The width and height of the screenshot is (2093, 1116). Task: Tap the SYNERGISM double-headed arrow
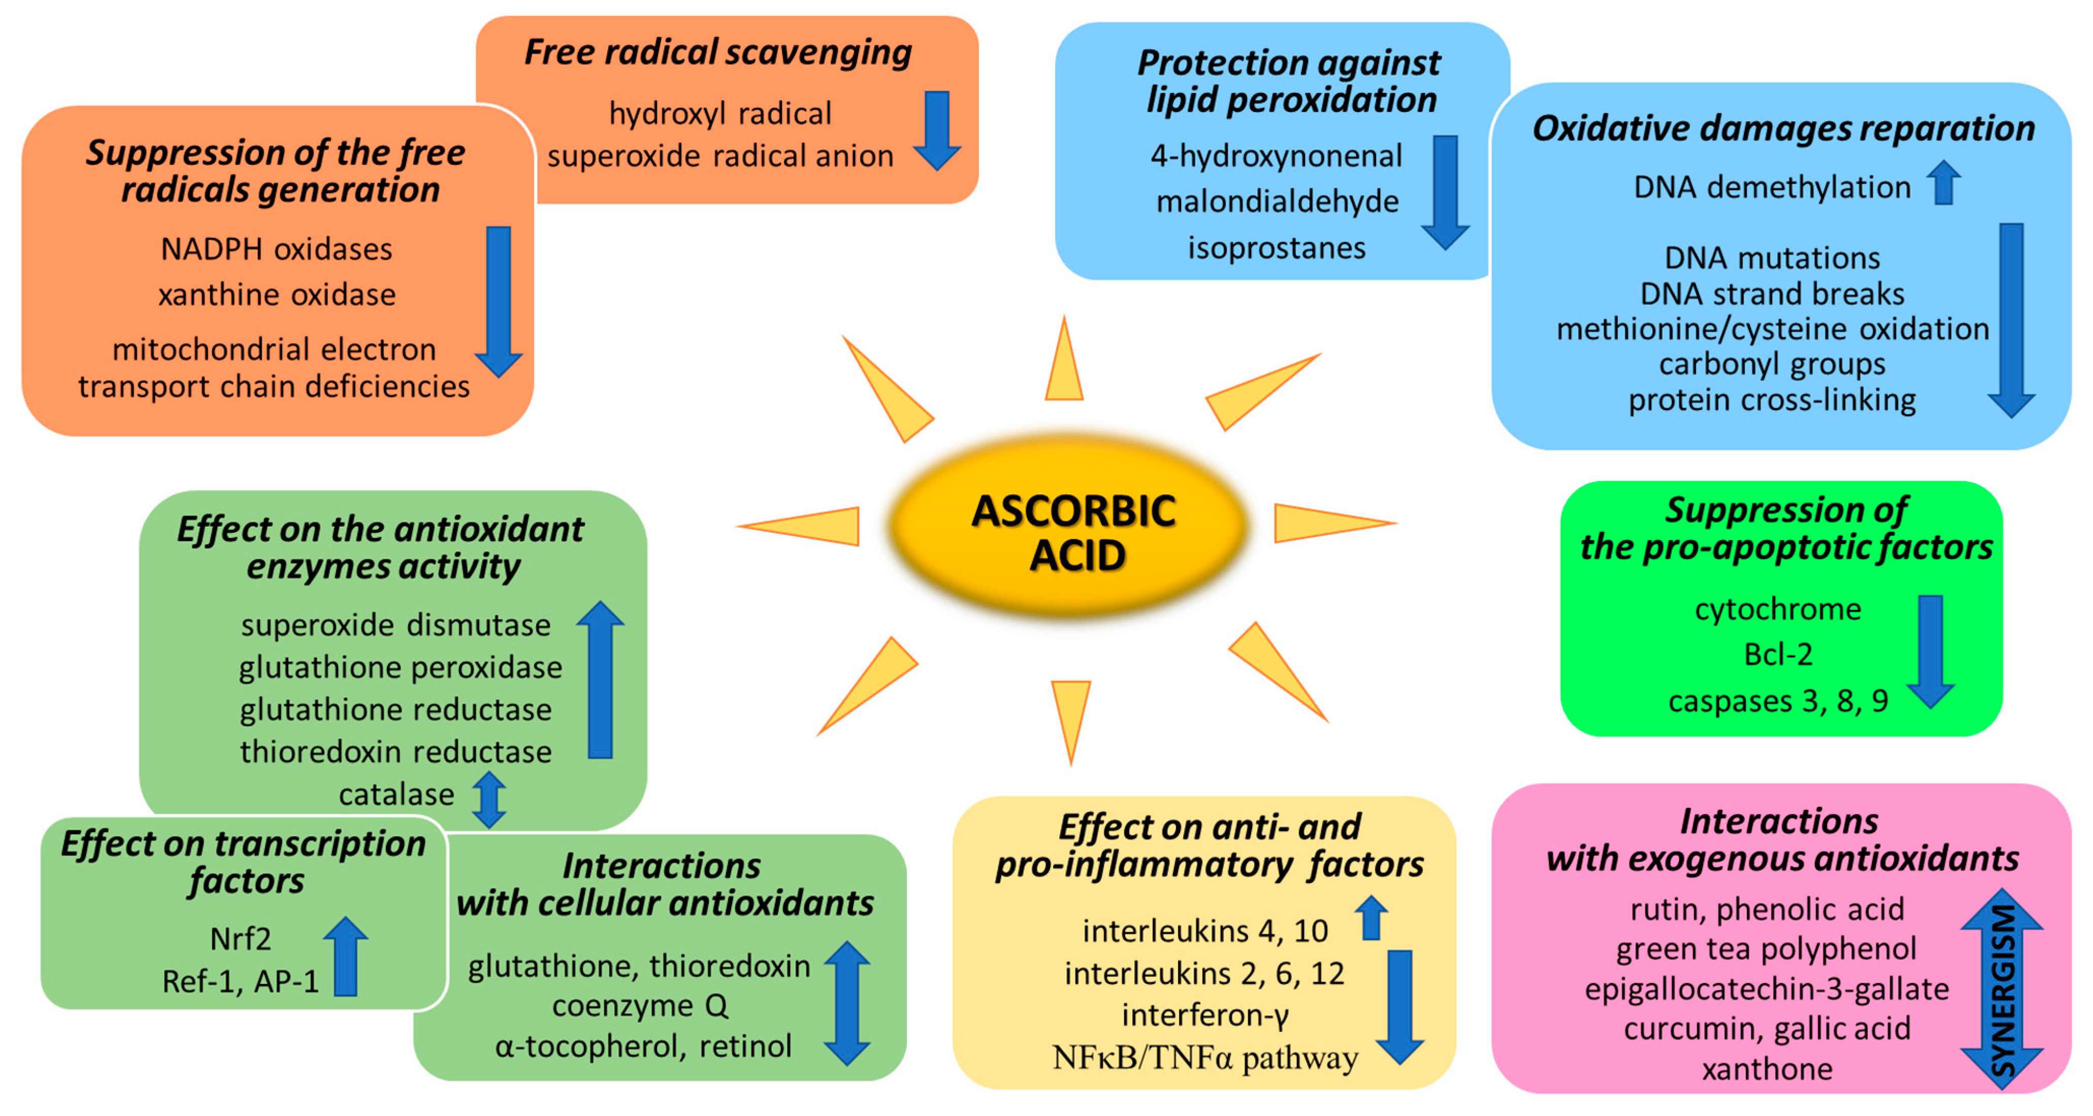2001,989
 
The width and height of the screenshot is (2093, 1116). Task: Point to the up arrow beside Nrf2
346,956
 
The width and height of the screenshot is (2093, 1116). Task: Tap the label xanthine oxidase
277,294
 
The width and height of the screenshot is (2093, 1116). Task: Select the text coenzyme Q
640,1005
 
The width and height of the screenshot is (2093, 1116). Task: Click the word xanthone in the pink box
1767,1069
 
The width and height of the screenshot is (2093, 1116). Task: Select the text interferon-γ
1205,1014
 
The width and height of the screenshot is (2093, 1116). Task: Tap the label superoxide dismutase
396,625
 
